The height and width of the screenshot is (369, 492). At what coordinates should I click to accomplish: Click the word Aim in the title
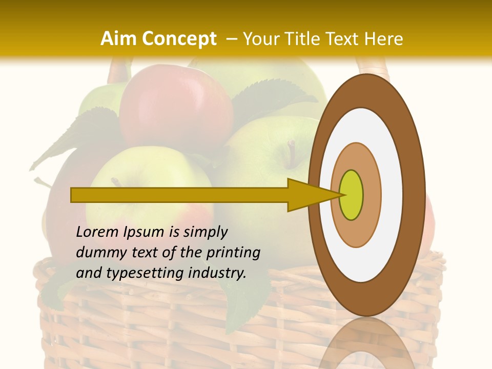click(x=119, y=39)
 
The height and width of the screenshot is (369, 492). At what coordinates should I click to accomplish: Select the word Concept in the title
click(x=179, y=39)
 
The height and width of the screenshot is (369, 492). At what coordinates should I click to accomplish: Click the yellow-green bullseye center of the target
click(x=352, y=195)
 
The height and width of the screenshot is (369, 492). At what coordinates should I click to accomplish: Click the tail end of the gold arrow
click(x=75, y=195)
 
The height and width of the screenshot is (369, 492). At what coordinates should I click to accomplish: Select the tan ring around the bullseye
click(x=371, y=195)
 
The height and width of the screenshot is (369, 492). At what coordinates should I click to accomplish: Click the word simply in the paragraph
click(x=205, y=232)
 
